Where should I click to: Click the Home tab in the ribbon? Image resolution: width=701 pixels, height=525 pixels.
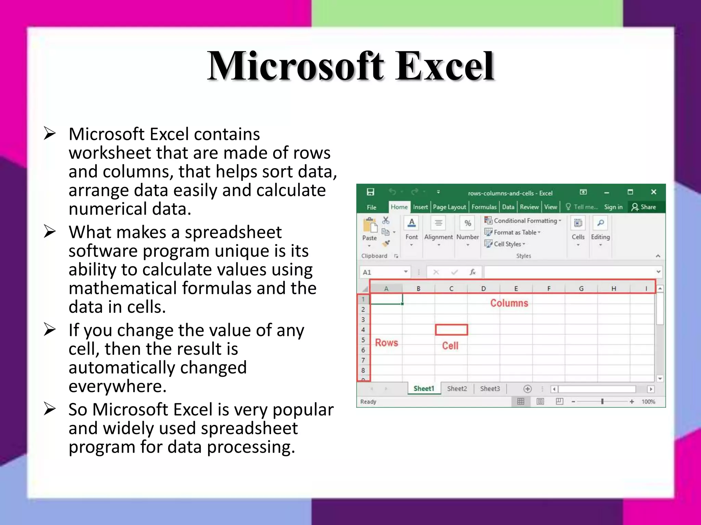399,207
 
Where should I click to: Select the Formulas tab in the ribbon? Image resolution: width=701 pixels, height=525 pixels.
484,207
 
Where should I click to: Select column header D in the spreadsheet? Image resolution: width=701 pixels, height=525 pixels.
483,288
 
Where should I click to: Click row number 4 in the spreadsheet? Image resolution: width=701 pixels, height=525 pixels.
363,330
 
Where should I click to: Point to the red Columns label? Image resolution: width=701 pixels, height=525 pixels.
509,303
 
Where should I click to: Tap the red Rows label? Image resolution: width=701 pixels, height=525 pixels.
386,342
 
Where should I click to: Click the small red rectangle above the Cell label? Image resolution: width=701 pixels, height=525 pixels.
451,330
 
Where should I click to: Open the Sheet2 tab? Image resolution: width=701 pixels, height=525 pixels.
457,389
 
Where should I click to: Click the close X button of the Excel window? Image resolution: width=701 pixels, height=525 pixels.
653,192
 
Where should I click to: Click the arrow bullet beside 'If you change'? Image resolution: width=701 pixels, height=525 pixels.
50,330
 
